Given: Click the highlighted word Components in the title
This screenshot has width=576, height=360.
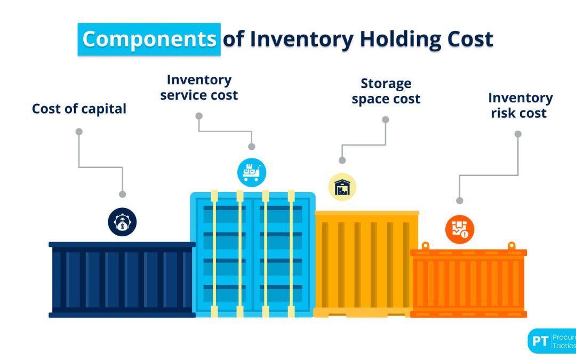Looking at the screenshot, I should pos(149,39).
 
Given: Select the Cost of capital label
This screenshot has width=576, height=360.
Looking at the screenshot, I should pos(79,109).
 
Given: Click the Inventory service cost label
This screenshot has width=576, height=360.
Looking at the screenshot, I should pos(199,87).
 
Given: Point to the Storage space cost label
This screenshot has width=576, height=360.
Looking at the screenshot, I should pos(386,91).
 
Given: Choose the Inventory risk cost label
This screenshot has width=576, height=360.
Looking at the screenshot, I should pos(520,106).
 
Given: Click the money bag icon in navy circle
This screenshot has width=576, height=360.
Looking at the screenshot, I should pos(122,222).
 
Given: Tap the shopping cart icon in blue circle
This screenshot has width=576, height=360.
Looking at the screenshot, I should pos(251,172).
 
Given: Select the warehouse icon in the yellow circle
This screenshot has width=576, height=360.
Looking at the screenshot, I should pos(342,187).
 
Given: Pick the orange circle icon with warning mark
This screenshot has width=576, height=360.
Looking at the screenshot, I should pos(459,229).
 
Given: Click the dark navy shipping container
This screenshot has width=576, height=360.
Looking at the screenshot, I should pos(122,280).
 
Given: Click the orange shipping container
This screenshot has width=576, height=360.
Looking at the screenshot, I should pos(468,283).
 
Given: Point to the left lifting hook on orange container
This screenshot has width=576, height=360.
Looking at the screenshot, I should pos(425,245).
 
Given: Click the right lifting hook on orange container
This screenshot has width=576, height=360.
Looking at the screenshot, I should pos(511,245).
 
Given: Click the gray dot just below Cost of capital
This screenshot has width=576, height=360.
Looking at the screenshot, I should pos(79,131).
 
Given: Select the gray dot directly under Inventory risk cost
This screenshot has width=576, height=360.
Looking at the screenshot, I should pos(517,134).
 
